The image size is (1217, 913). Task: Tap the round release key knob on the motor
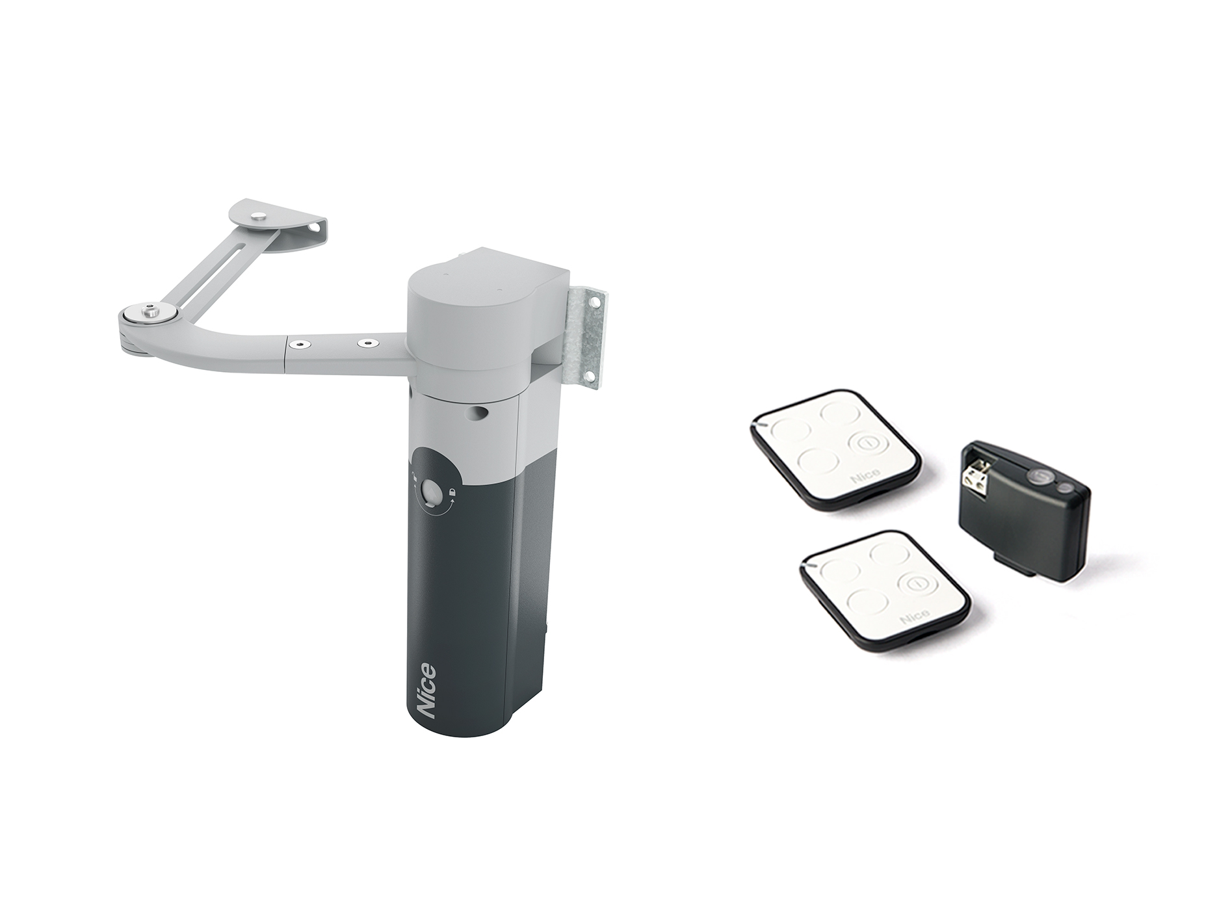(x=430, y=492)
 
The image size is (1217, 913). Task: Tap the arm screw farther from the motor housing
(x=301, y=341)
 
